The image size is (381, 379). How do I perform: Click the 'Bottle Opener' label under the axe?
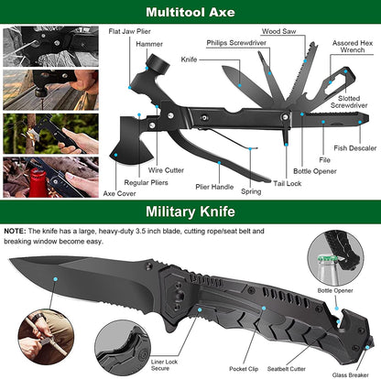point(314,171)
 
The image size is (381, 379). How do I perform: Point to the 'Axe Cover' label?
point(119,194)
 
